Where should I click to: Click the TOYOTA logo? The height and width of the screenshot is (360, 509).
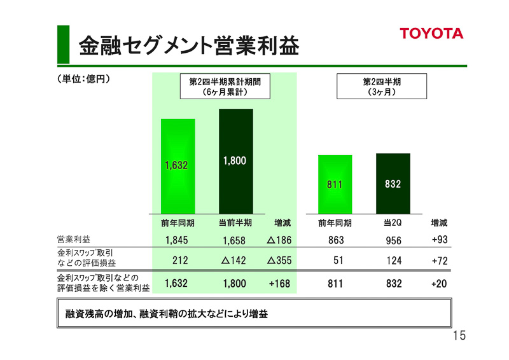[x=431, y=34]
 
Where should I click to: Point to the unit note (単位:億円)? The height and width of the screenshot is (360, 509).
[x=81, y=80]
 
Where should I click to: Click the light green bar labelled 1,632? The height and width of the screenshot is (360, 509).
[x=178, y=165]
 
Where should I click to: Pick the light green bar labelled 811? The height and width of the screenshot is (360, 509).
[x=335, y=184]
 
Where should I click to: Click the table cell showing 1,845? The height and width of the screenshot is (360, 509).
[x=176, y=240]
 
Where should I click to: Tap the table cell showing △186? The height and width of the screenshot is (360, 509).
[x=279, y=240]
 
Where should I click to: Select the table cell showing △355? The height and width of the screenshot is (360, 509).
[x=279, y=261]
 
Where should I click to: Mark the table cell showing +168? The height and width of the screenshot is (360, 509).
[x=279, y=284]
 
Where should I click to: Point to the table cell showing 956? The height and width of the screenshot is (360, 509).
[x=394, y=240]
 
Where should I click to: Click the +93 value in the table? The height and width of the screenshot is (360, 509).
[x=439, y=240]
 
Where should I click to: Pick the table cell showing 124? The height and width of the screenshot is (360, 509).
[x=394, y=261]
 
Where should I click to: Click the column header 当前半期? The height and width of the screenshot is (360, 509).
[x=235, y=223]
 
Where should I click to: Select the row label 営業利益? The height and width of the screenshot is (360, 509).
[x=74, y=240]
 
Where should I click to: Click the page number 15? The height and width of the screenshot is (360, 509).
[x=459, y=336]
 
